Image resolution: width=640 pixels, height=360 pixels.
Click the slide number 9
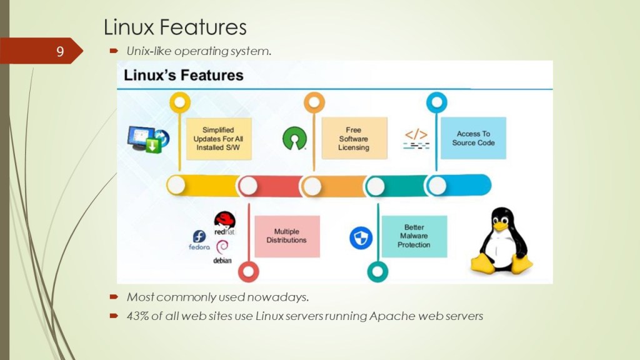tap(60, 51)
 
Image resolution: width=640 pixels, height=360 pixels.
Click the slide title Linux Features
tap(175, 27)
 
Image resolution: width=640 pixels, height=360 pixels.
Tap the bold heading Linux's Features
tap(183, 76)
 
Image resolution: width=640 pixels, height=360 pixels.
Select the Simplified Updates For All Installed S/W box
tap(218, 139)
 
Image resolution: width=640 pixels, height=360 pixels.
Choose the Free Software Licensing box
tap(354, 139)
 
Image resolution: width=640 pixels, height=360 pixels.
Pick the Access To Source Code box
tap(473, 138)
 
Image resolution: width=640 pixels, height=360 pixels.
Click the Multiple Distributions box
tap(286, 236)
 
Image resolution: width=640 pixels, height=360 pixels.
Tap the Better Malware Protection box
tap(414, 236)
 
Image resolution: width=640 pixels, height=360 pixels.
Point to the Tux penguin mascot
tap(501, 241)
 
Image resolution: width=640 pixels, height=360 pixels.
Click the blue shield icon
tap(361, 237)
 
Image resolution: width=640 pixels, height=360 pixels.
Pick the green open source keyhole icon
tap(294, 138)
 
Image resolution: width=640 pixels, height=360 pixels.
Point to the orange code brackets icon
tap(416, 135)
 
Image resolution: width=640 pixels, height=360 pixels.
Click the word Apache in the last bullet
tap(389, 316)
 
